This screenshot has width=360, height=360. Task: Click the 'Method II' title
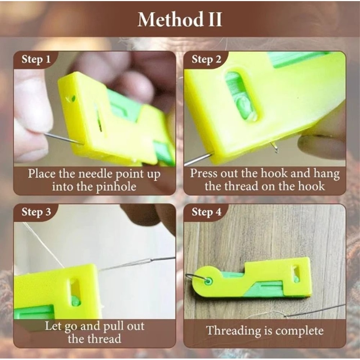(x=180, y=19)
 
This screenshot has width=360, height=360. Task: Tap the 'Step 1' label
(x=36, y=59)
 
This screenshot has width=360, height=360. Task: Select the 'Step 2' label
(x=206, y=59)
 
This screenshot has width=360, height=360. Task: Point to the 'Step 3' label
(x=36, y=212)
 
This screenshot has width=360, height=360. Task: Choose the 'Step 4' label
(x=206, y=212)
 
